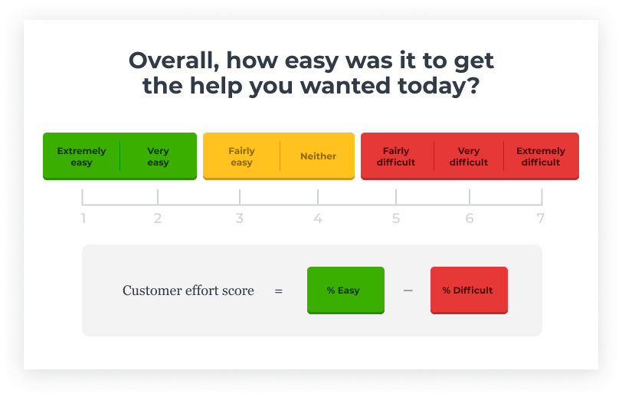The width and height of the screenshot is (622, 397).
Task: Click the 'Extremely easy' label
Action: pyautogui.click(x=81, y=156)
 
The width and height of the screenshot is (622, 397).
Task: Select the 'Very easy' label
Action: pyautogui.click(x=158, y=156)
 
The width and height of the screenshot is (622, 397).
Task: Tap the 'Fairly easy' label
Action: pyautogui.click(x=241, y=156)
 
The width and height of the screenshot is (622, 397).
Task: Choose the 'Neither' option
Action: pyautogui.click(x=318, y=156)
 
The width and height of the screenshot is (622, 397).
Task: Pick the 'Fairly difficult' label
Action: pyautogui.click(x=396, y=156)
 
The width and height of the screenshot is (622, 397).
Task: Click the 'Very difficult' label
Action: pyautogui.click(x=469, y=156)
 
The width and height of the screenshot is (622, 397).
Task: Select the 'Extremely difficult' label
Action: pyautogui.click(x=541, y=156)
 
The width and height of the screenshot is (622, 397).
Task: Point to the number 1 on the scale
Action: pyautogui.click(x=83, y=218)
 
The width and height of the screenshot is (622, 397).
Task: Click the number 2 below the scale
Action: pyautogui.click(x=158, y=218)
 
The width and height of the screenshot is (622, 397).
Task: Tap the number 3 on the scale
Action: pyautogui.click(x=239, y=218)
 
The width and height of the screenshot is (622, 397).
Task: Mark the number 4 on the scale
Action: pyautogui.click(x=318, y=218)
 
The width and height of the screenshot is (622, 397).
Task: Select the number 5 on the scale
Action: pyautogui.click(x=396, y=218)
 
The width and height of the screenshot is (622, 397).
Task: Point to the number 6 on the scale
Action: pyautogui.click(x=470, y=218)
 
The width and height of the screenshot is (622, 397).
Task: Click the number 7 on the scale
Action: pyautogui.click(x=540, y=218)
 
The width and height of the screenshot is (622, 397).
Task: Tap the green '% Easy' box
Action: pyautogui.click(x=345, y=290)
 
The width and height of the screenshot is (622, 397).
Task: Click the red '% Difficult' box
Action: pyautogui.click(x=469, y=290)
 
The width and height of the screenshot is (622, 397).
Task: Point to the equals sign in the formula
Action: pyautogui.click(x=279, y=291)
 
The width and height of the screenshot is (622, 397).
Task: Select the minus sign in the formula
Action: pyautogui.click(x=408, y=290)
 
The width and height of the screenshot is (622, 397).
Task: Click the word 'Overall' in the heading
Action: pyautogui.click(x=174, y=61)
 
